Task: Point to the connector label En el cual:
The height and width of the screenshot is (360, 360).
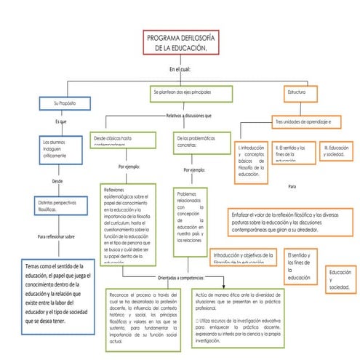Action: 179,69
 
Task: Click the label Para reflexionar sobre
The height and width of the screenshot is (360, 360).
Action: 56,236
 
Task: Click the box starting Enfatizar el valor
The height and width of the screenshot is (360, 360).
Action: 291,217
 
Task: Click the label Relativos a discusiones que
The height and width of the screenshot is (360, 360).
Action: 189,115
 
